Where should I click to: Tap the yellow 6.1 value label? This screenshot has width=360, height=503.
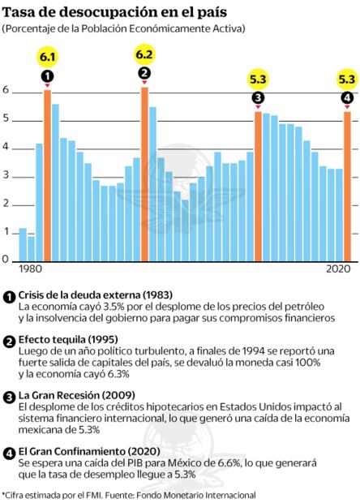47,56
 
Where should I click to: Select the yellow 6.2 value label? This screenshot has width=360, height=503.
144,54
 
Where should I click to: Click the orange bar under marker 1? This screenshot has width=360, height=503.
47,174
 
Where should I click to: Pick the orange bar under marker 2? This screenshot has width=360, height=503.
144,173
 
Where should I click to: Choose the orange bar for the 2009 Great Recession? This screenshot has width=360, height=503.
258,185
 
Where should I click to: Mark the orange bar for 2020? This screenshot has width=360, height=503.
347,185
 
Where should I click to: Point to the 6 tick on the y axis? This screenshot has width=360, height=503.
6,91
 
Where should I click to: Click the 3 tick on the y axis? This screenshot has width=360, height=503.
6,176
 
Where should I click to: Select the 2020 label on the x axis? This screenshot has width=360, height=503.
340,269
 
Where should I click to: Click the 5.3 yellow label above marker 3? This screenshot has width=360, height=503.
258,80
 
